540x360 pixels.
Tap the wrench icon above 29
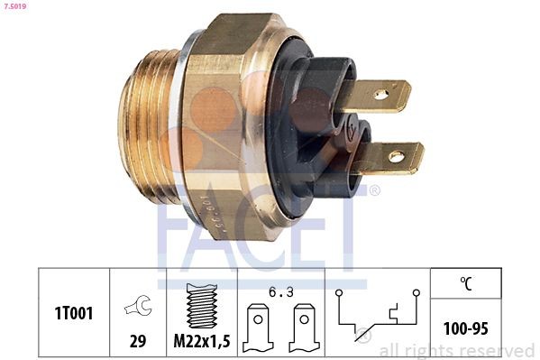tap(138, 306)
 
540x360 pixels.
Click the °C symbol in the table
tap(466, 283)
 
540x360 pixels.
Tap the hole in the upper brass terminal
tap(382, 93)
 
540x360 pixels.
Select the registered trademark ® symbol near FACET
tap(375, 191)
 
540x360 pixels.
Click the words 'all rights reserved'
tap(456, 350)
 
